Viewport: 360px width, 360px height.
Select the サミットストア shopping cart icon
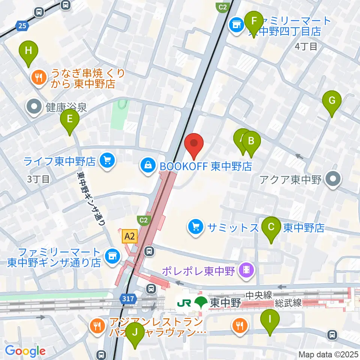click(195, 227)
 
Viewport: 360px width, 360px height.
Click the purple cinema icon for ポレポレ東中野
click(247, 270)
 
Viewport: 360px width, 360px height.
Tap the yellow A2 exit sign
click(129, 237)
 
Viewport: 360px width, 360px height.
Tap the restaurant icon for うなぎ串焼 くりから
click(38, 78)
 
